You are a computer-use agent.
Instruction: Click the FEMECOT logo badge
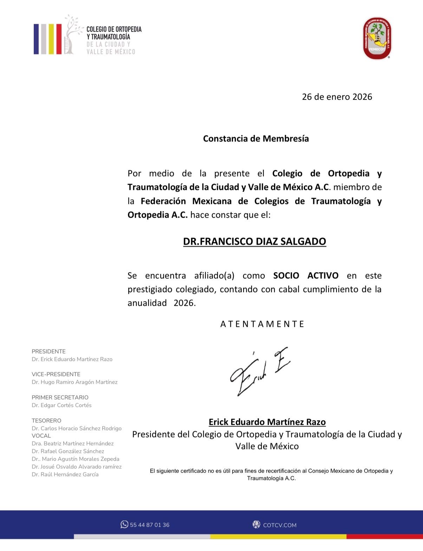click(x=377, y=38)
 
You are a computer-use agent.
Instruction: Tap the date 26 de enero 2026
click(x=337, y=97)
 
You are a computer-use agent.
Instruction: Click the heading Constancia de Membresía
click(x=256, y=138)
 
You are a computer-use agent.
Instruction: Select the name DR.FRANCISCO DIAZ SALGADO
click(x=254, y=242)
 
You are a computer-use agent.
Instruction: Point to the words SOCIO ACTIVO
click(x=306, y=276)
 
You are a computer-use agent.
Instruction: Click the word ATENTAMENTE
click(x=262, y=324)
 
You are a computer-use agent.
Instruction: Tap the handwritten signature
click(x=259, y=372)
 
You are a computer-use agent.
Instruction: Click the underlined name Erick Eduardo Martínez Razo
click(x=267, y=422)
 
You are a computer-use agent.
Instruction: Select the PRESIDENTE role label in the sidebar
click(x=48, y=352)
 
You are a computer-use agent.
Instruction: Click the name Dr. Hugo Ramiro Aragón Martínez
click(x=74, y=382)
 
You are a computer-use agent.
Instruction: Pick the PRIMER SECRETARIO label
click(x=60, y=398)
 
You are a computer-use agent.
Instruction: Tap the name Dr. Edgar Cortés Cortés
click(x=61, y=405)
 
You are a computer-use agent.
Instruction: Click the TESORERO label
click(x=46, y=421)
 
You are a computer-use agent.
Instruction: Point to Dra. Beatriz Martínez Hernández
click(x=72, y=444)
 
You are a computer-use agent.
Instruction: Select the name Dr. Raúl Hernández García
click(x=65, y=474)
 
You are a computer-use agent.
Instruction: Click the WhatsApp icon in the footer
click(x=124, y=524)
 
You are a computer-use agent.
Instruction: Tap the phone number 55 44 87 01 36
click(x=150, y=525)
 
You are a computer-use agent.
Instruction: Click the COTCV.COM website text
click(x=280, y=525)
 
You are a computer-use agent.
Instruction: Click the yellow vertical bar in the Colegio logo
click(x=51, y=39)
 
